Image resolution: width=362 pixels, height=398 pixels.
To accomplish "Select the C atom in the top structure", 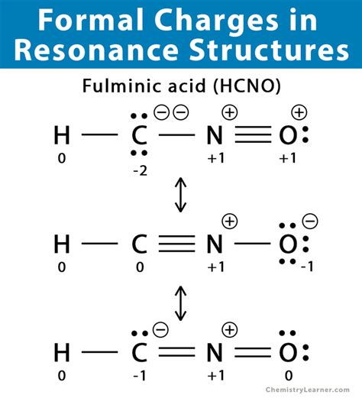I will click(x=139, y=138).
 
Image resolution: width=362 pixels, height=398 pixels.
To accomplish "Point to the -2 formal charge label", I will click(x=140, y=171).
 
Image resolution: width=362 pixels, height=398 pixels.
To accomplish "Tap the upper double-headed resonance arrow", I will click(x=181, y=197).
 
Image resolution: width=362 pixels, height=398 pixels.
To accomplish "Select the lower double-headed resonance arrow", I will click(x=181, y=303).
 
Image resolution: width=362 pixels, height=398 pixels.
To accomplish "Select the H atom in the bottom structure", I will click(x=62, y=352).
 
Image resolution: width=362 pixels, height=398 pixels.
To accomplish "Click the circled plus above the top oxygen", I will click(x=299, y=113).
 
